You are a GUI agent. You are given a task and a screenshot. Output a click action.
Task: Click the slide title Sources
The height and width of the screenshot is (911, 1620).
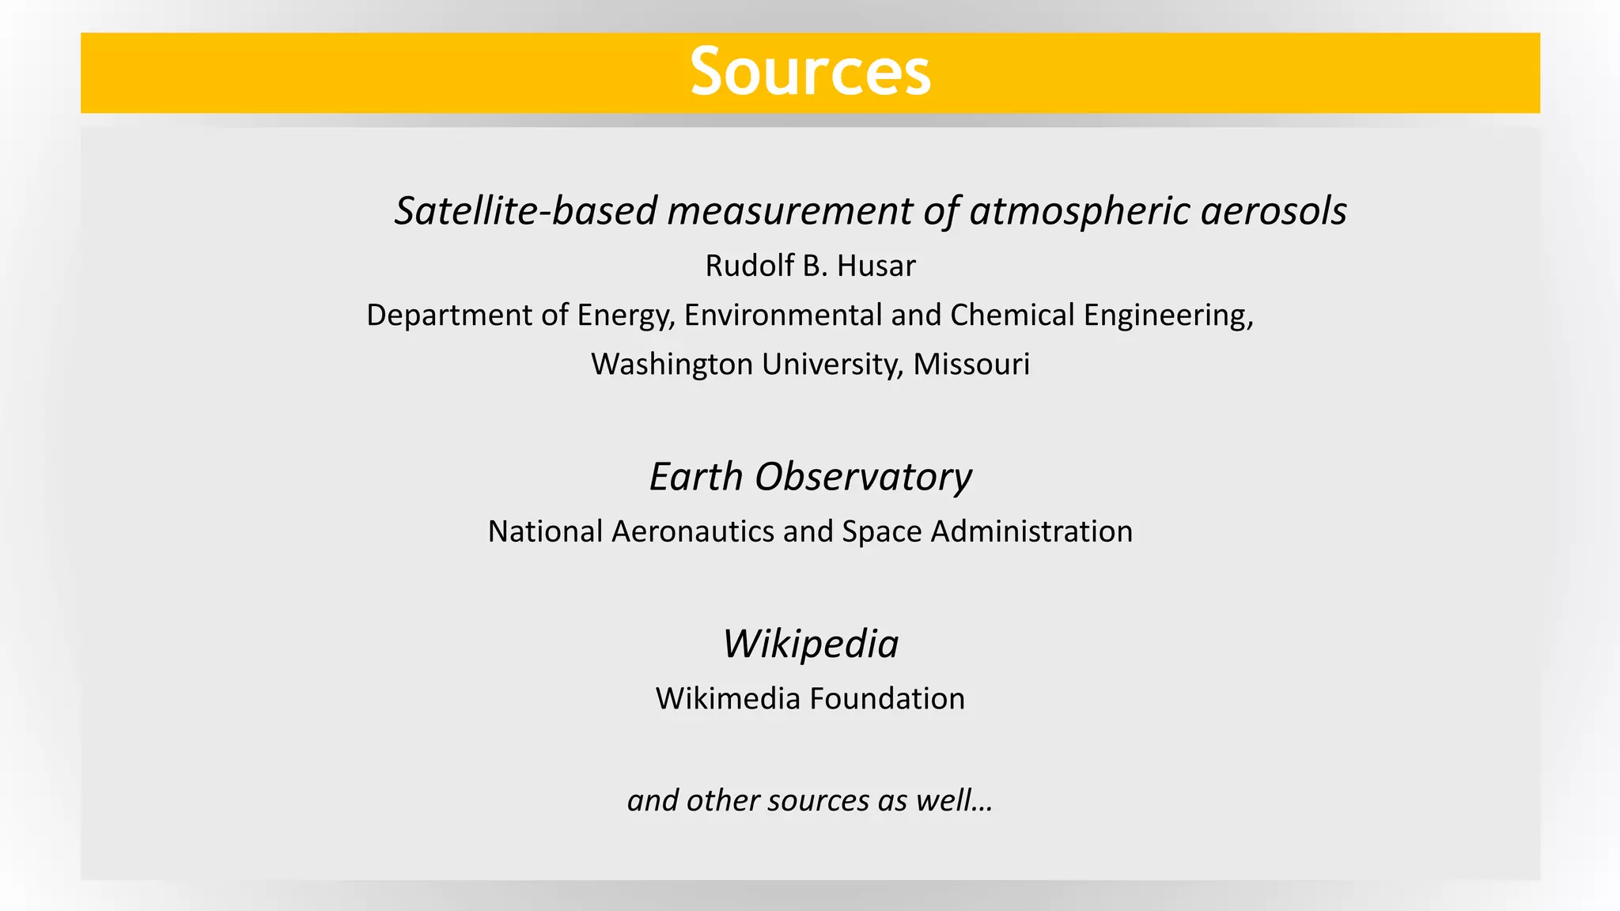click(810, 72)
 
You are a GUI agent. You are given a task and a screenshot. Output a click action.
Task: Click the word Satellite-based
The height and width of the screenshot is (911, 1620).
click(526, 211)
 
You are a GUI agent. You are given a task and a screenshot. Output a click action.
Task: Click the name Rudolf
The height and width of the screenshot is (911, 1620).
click(748, 266)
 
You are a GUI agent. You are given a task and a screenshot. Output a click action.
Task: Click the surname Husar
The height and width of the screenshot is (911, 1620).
click(876, 266)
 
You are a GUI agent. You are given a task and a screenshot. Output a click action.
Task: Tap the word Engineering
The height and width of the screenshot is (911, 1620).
click(1168, 316)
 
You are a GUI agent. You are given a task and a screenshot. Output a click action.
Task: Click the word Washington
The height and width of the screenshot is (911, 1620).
click(672, 365)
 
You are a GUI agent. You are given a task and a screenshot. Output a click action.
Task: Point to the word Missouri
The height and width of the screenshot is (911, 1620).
click(971, 365)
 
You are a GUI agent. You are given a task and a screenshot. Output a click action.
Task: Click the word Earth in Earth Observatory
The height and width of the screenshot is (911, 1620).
click(695, 477)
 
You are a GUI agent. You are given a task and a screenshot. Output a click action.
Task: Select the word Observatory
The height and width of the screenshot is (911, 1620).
click(863, 477)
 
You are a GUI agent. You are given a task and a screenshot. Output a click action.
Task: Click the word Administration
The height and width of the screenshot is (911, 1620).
click(1031, 531)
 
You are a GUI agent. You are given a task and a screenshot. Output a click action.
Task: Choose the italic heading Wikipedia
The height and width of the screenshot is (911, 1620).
click(810, 644)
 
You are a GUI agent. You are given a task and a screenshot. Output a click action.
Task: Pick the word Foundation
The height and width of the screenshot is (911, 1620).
click(888, 699)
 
